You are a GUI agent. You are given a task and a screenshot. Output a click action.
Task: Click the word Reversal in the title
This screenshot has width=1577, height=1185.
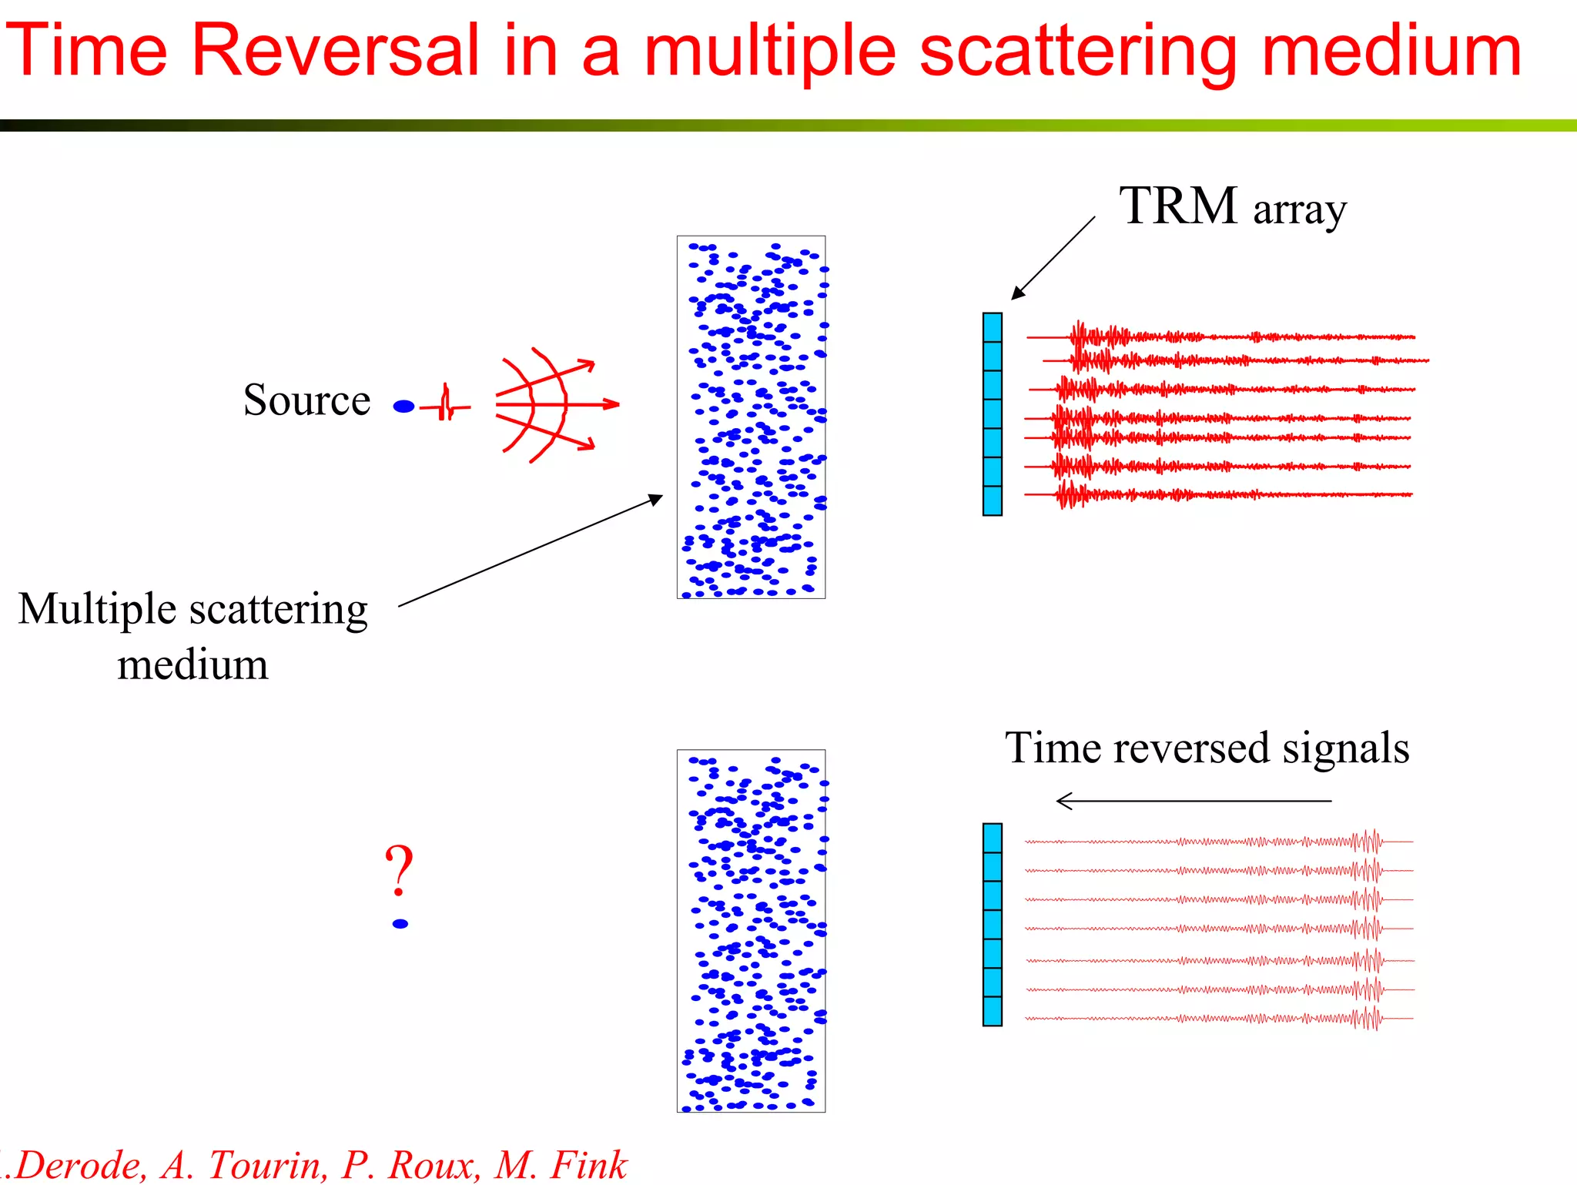pos(336,50)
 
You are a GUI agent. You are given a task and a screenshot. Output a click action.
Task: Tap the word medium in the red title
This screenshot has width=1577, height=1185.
pos(1392,50)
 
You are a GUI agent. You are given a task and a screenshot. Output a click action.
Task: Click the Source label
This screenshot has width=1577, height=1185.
pos(306,400)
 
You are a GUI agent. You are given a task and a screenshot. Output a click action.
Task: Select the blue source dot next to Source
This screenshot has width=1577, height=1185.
pos(403,407)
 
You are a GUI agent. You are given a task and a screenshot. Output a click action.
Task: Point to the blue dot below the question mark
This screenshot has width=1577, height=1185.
pos(400,924)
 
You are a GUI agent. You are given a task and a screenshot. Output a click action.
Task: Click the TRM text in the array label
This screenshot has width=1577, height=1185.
pos(1177,206)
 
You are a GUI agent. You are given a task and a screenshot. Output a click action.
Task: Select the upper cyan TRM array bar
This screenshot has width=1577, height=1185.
pos(993,413)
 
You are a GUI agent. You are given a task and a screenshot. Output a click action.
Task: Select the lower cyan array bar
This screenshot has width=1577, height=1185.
pos(993,924)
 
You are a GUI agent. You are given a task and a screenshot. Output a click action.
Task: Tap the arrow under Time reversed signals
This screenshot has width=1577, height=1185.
pos(1194,801)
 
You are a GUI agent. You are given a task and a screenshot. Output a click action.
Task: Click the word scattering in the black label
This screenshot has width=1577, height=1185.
pos(279,609)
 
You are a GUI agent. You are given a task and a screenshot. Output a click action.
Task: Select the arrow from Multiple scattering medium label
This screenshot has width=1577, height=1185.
pos(531,551)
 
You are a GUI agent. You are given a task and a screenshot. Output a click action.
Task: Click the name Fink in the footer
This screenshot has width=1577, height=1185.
pos(589,1164)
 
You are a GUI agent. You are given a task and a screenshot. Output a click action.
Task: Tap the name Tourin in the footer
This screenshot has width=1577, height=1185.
pos(266,1164)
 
